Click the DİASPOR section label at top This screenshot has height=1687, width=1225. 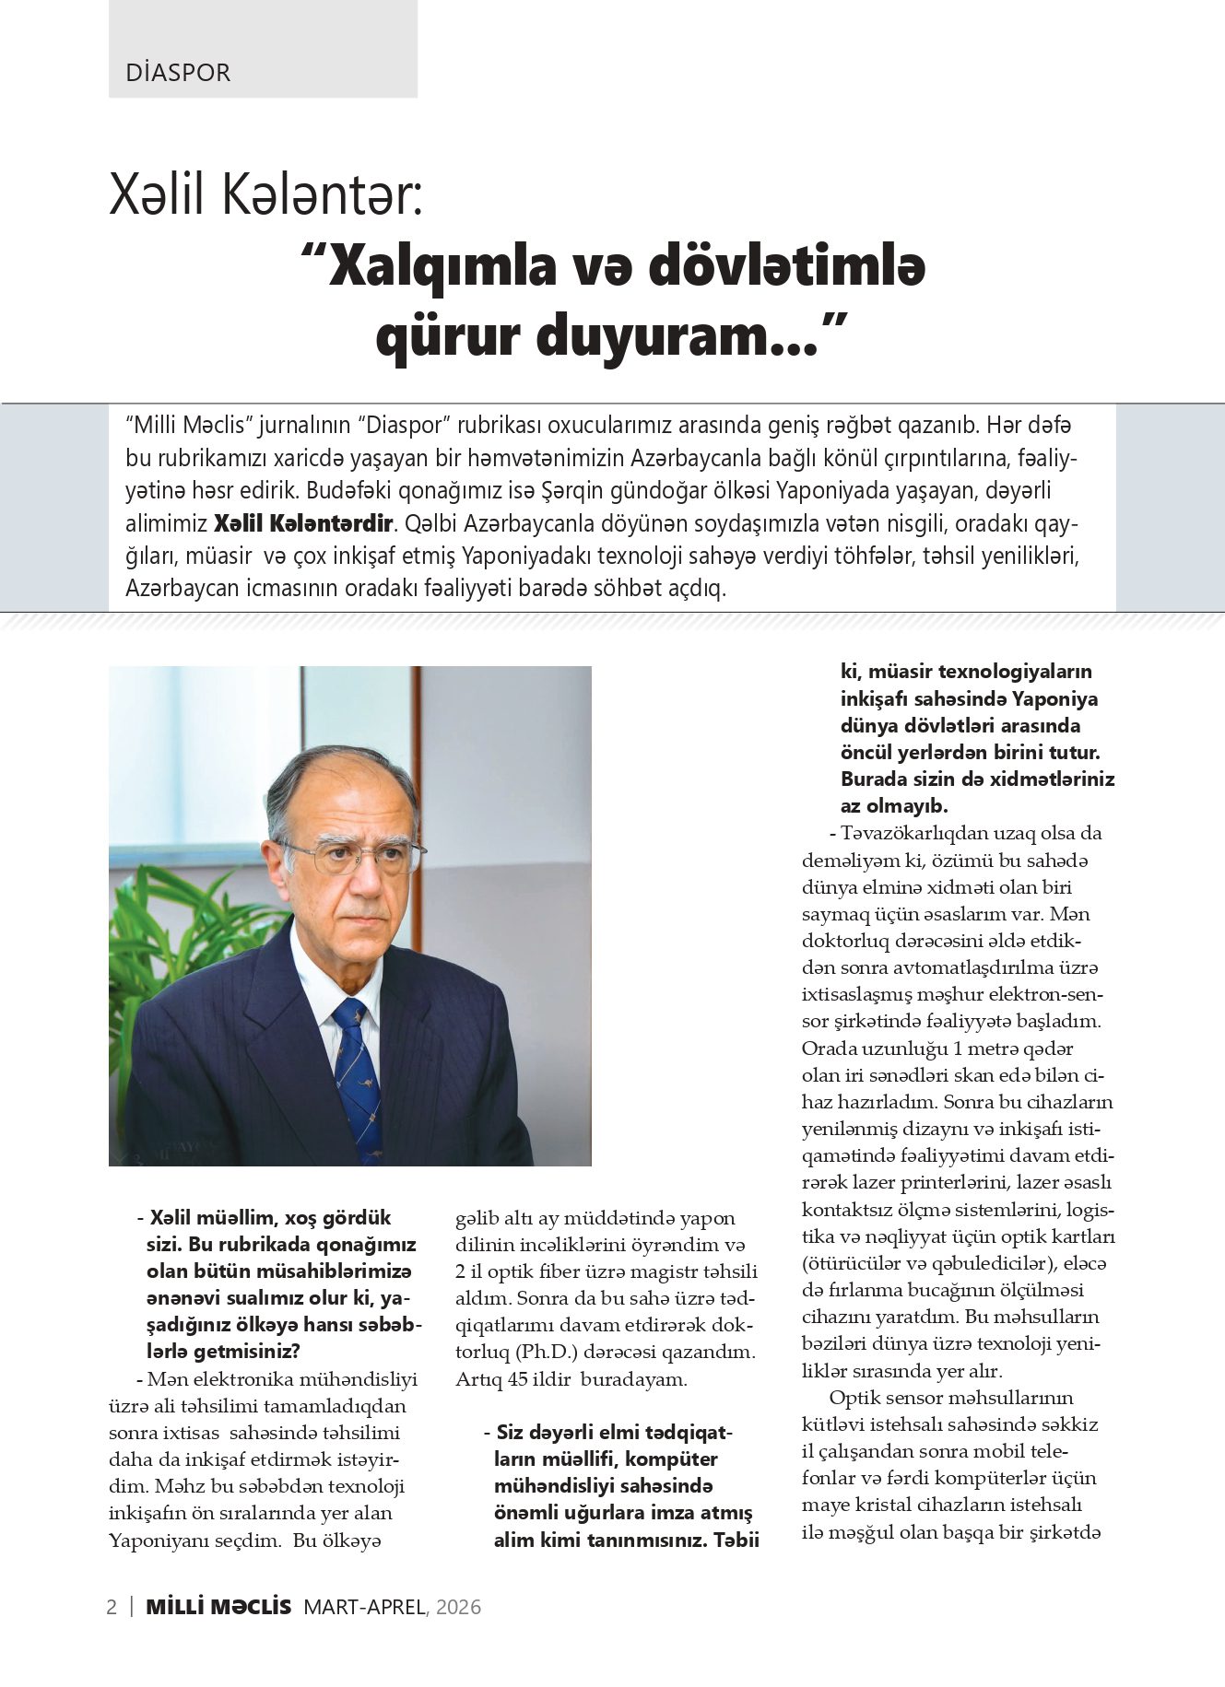[x=178, y=73]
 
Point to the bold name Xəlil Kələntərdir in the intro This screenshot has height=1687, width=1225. [x=303, y=524]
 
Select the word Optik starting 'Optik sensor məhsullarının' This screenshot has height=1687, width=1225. [x=854, y=1398]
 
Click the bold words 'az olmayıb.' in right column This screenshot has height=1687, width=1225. [x=894, y=805]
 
